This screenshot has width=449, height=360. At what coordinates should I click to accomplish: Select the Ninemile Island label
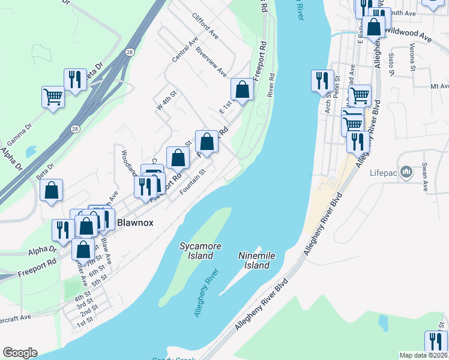click(256, 260)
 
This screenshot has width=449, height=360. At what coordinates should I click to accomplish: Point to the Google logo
click(20, 353)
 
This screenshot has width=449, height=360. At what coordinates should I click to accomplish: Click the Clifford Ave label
click(205, 26)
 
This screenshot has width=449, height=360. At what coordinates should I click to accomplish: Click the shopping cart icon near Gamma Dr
click(53, 96)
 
